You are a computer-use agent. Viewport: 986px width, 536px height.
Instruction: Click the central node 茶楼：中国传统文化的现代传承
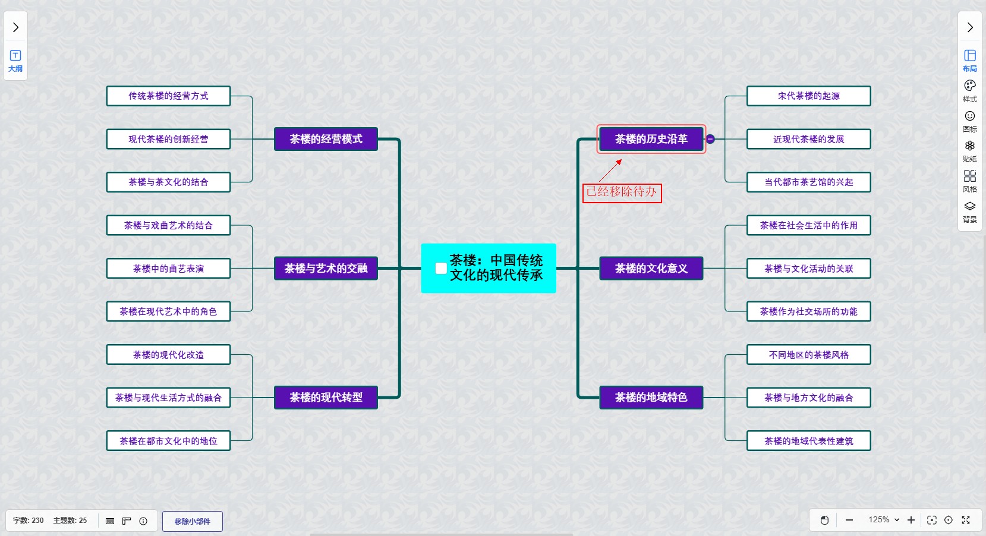[x=496, y=268]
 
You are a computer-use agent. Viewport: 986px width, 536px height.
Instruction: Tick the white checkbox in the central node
[x=441, y=269]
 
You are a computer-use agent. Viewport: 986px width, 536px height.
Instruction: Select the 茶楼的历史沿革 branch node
[x=651, y=139]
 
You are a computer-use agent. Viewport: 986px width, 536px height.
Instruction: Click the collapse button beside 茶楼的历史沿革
[x=710, y=139]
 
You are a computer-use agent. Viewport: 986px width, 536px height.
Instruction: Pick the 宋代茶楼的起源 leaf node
[x=808, y=96]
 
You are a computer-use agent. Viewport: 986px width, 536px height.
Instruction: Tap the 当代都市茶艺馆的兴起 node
[x=808, y=182]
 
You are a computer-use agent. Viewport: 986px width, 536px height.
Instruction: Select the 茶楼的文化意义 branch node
[x=651, y=269]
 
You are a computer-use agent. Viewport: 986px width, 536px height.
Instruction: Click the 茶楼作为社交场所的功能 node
[x=808, y=311]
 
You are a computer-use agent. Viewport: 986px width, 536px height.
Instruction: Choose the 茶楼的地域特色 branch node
[x=651, y=398]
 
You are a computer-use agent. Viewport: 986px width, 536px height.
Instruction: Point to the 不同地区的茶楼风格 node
[x=808, y=355]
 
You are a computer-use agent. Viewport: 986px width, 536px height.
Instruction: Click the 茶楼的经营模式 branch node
[x=326, y=139]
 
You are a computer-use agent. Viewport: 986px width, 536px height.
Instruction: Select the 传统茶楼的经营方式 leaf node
[x=168, y=96]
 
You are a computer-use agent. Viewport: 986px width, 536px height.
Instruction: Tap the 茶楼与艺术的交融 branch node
[x=326, y=269]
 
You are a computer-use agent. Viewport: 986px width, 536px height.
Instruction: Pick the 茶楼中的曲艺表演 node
[x=168, y=269]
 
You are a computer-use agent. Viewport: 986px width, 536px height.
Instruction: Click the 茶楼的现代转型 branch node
[x=326, y=398]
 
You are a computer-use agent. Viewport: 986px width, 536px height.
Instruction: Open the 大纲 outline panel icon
[x=15, y=61]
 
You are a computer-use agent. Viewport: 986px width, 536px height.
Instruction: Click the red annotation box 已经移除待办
[x=622, y=192]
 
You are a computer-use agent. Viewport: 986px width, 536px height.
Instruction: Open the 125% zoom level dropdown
[x=884, y=520]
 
